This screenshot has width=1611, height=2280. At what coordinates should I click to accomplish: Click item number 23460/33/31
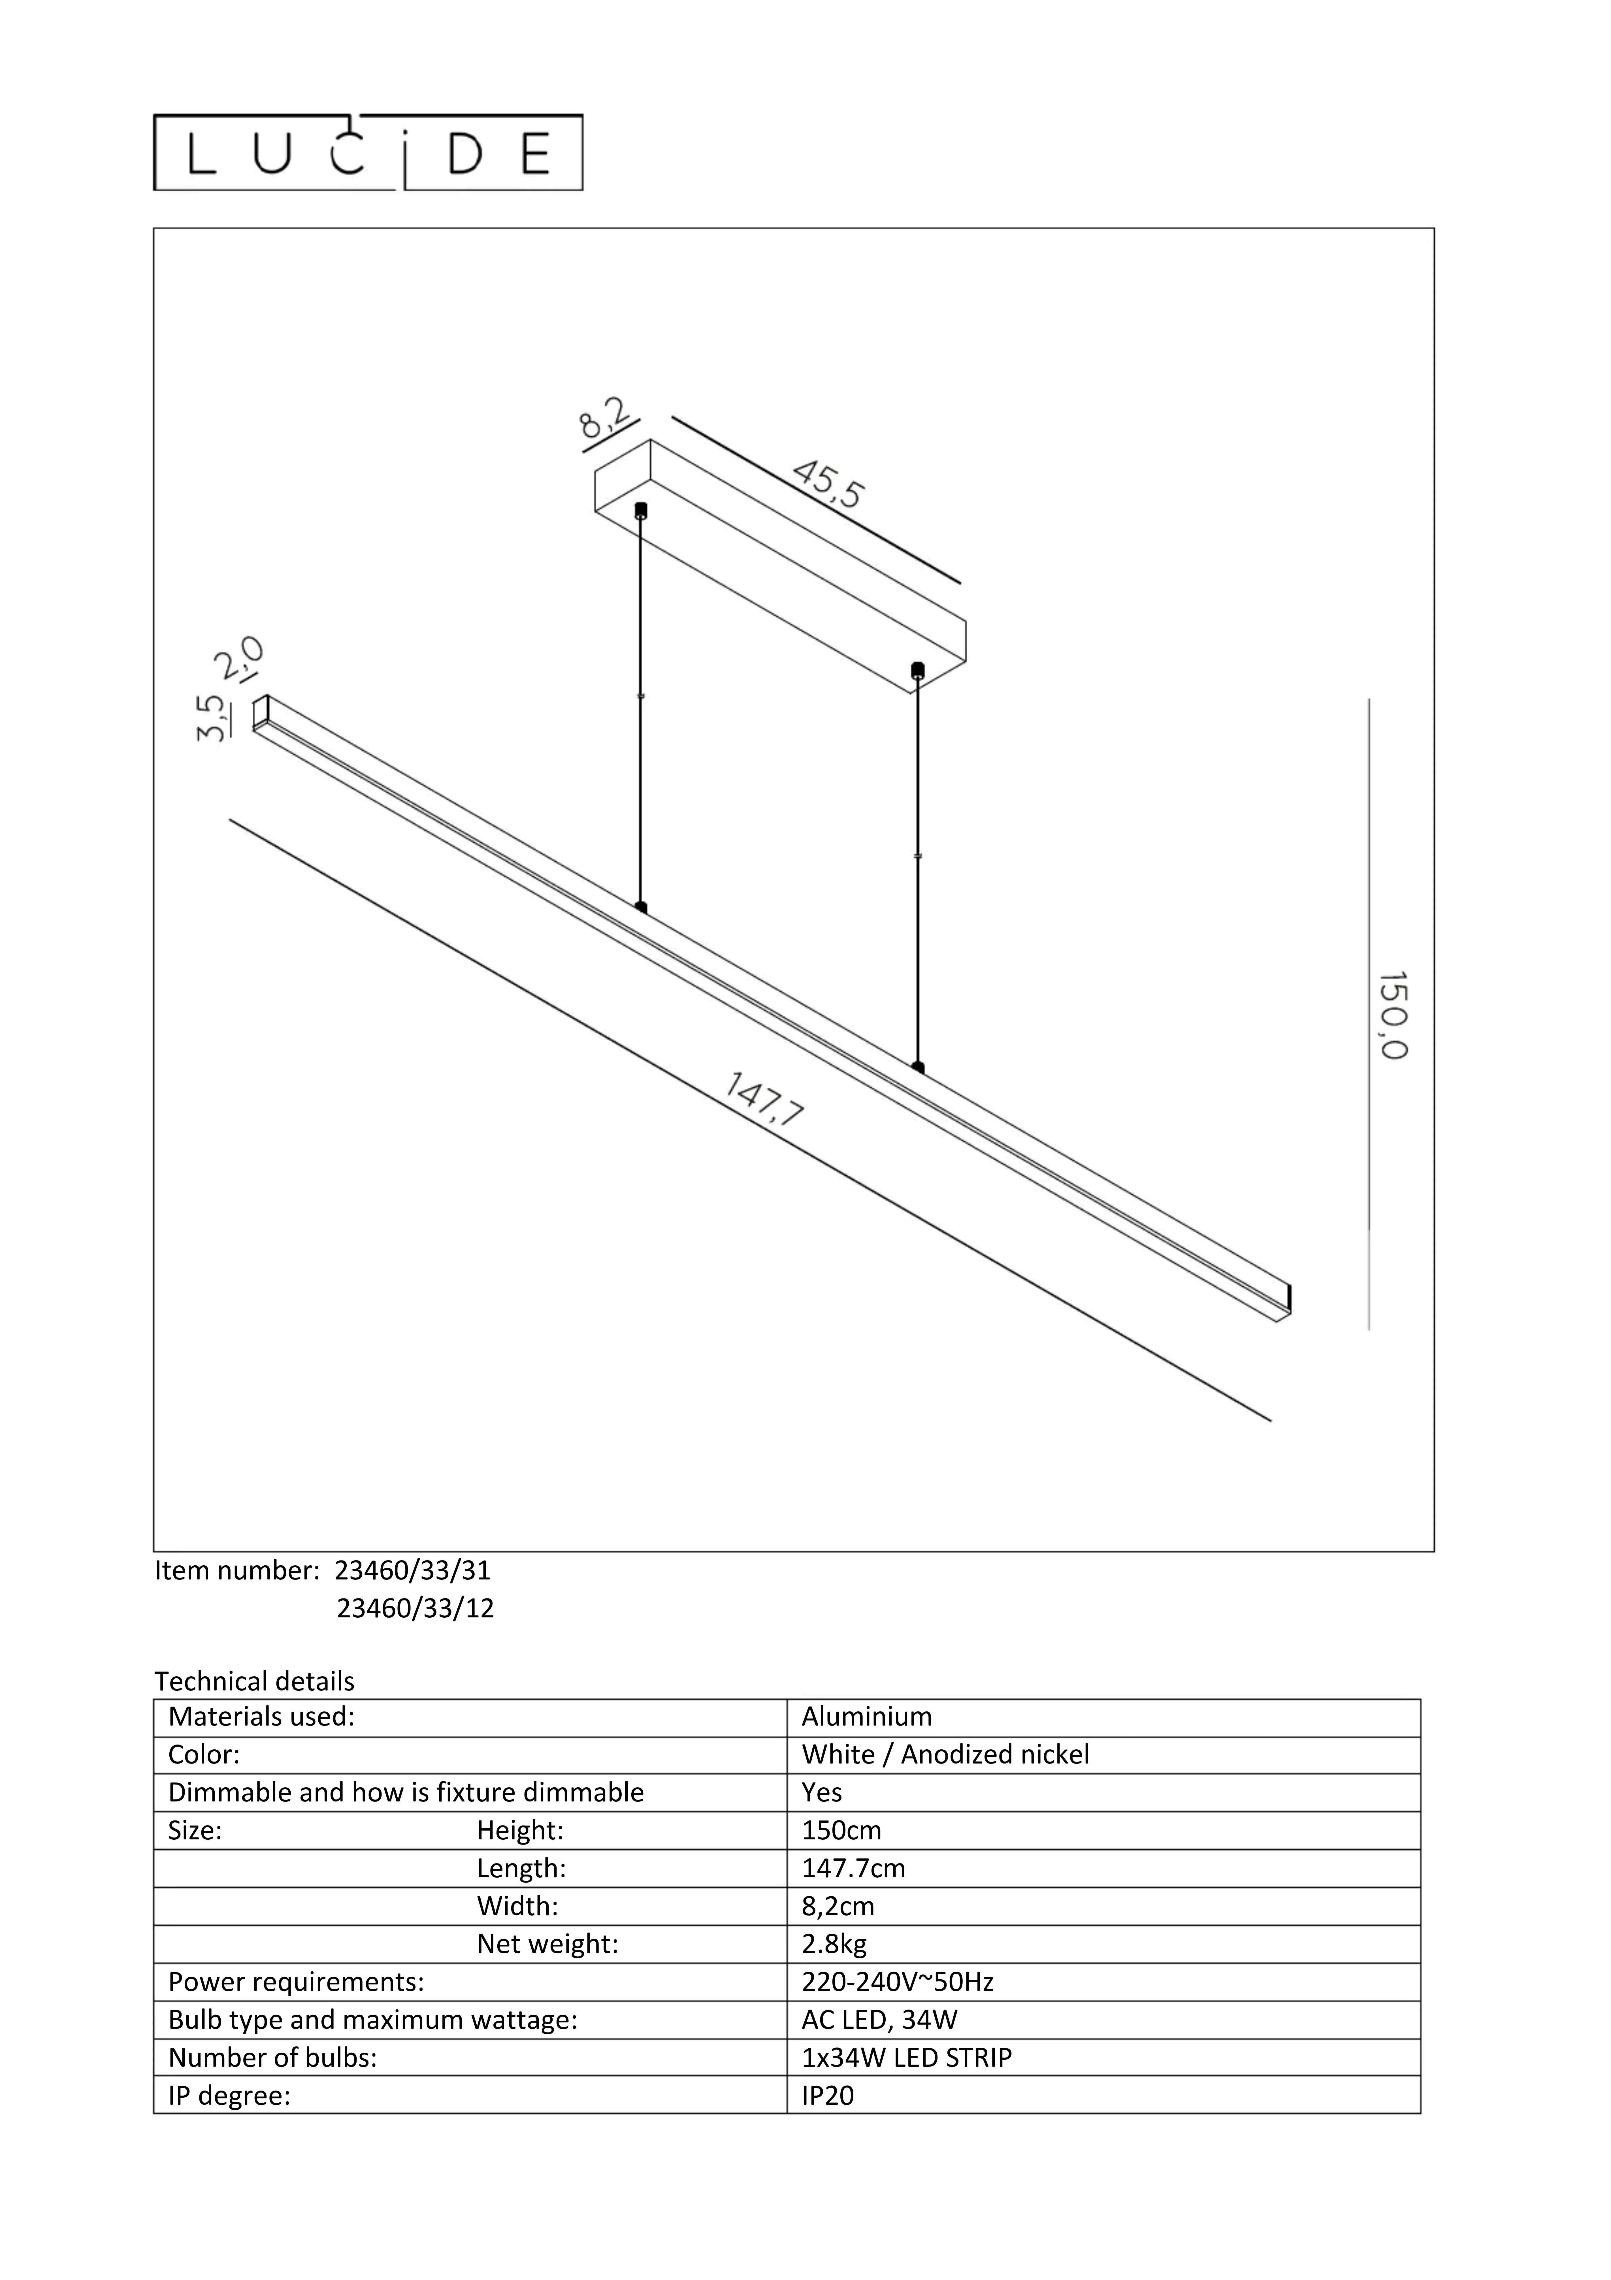(413, 1570)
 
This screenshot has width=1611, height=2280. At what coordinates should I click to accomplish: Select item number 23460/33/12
(415, 1608)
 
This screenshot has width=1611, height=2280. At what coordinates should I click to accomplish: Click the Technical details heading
(254, 1681)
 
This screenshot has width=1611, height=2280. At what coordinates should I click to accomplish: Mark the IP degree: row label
(229, 2095)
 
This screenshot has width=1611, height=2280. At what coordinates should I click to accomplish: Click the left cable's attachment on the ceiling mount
(641, 511)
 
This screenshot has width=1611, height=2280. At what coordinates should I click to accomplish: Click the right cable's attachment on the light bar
(918, 1068)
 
